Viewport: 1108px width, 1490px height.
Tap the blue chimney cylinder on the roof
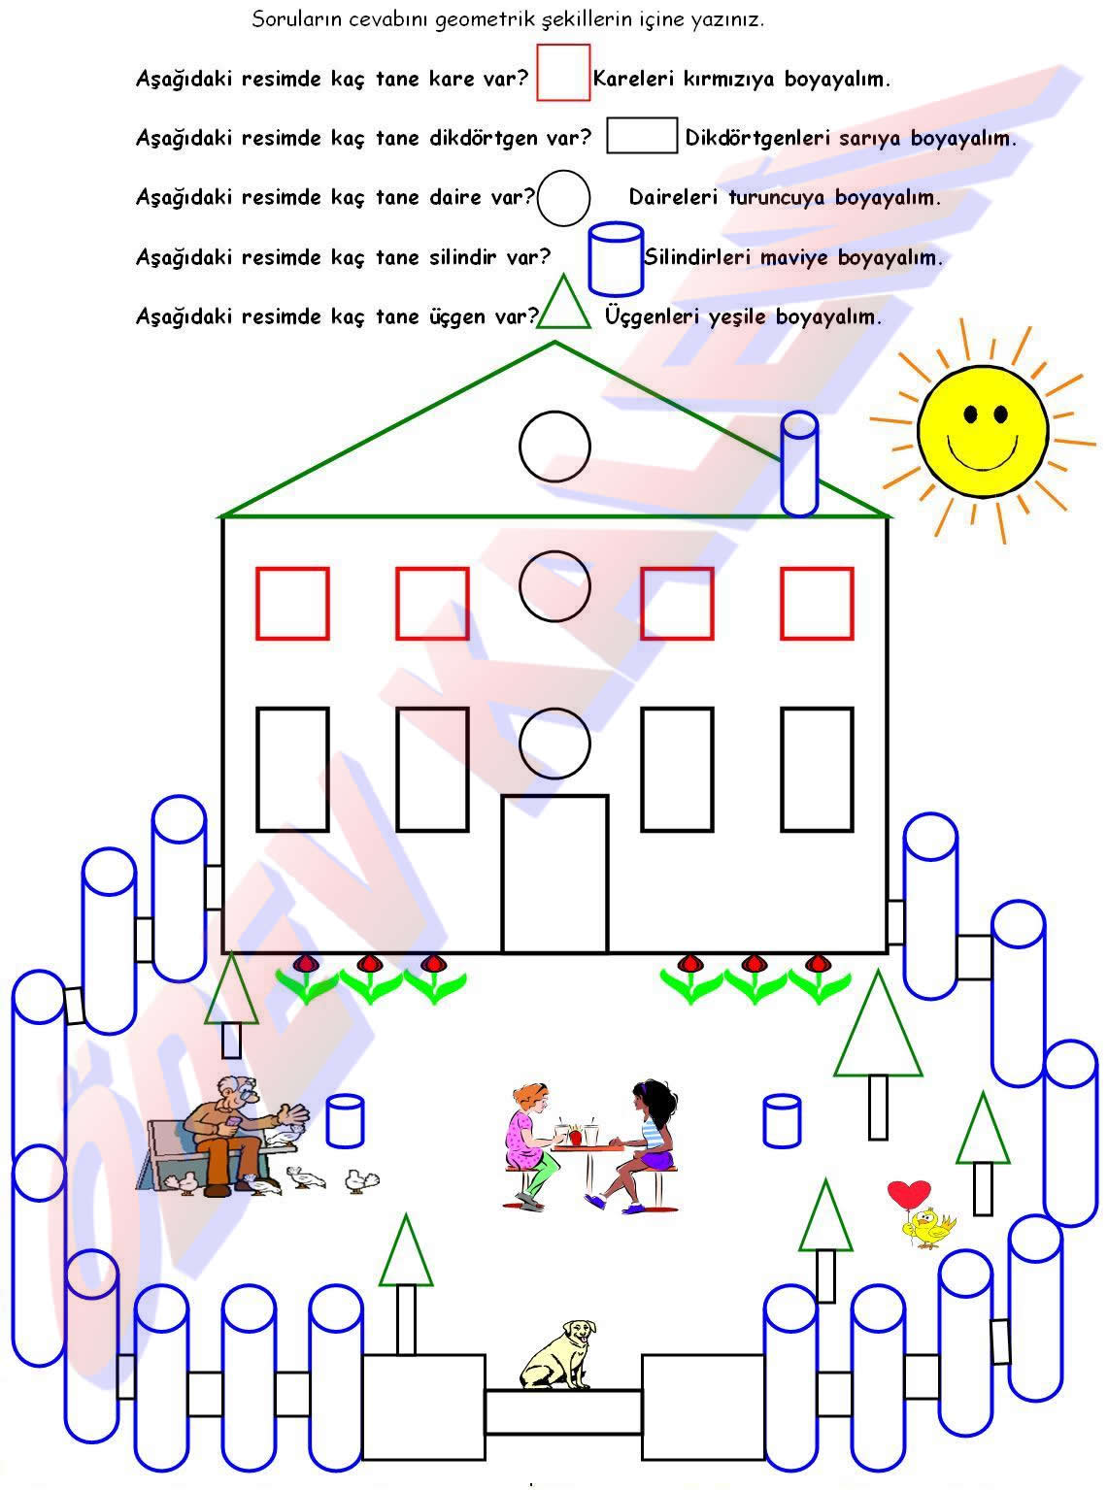[799, 463]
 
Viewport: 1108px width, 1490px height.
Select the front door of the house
[554, 874]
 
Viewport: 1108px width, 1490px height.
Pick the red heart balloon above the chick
[909, 1193]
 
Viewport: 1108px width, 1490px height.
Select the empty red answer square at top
[563, 73]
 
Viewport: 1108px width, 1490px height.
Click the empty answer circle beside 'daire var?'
[563, 198]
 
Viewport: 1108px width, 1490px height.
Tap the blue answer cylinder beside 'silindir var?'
[616, 259]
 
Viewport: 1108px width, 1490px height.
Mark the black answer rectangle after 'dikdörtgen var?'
[642, 136]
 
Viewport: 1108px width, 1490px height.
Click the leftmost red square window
[292, 604]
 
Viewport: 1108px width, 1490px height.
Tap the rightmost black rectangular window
[817, 769]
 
